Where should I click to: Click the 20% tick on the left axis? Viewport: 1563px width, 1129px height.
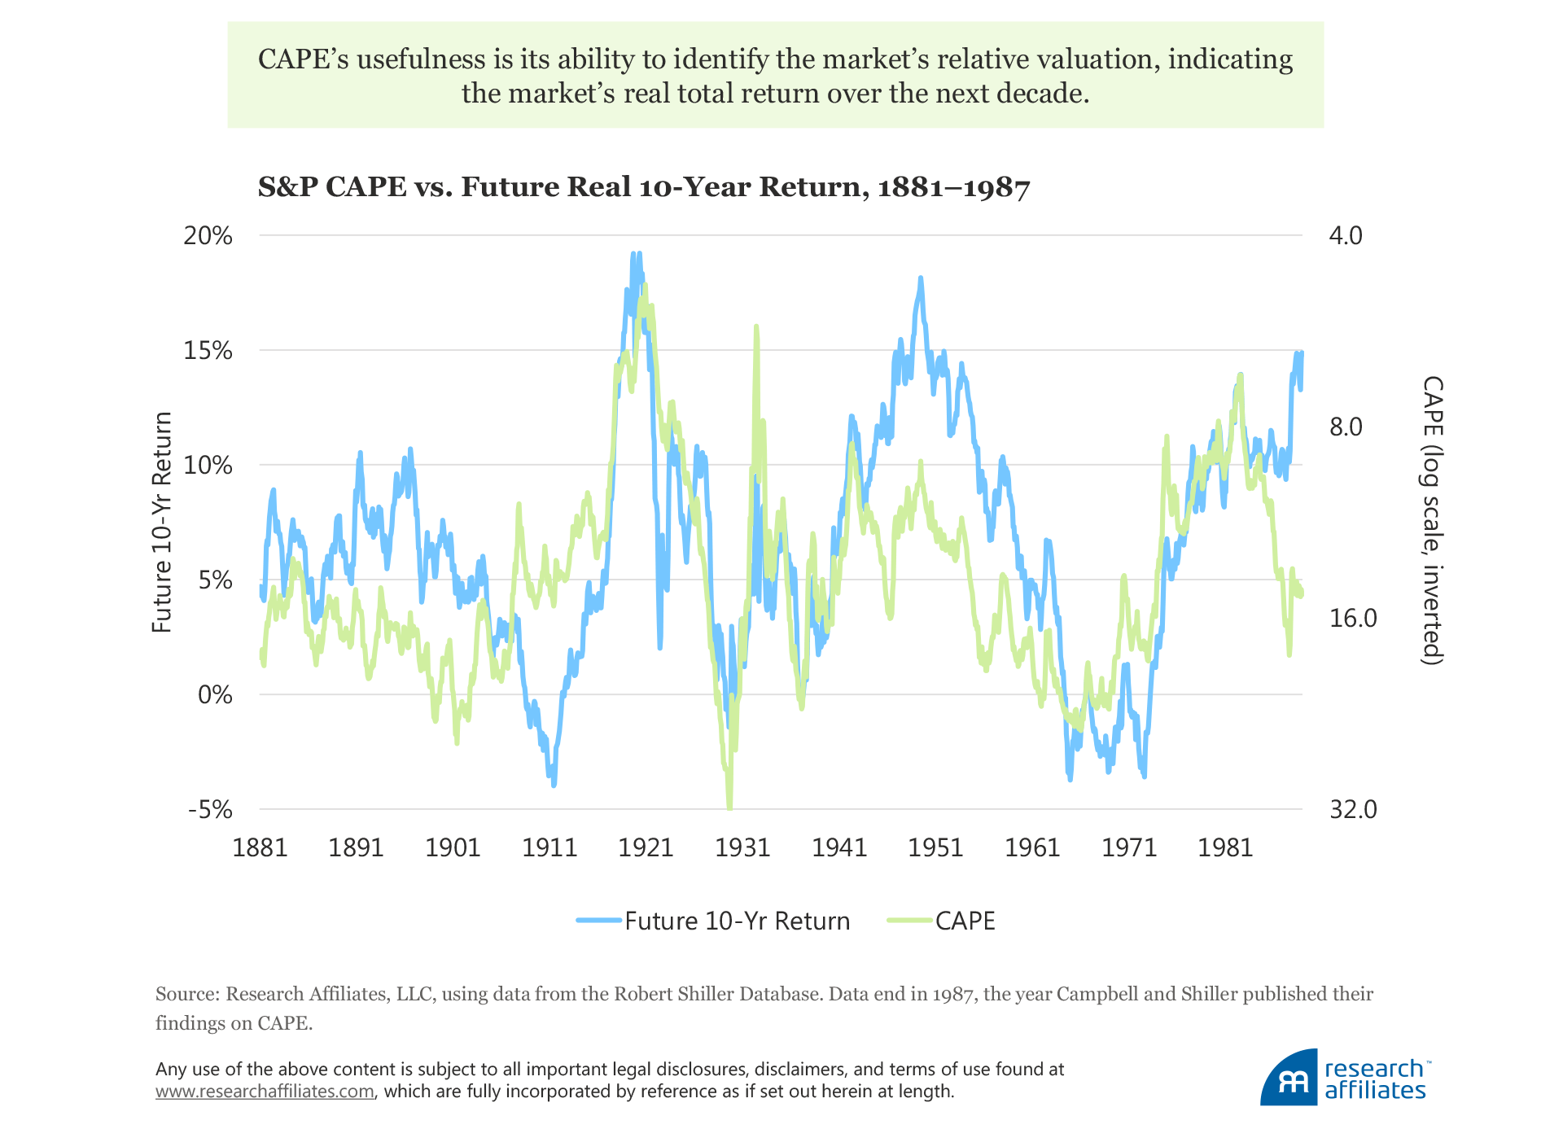point(208,236)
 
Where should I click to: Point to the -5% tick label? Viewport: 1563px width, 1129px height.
point(210,810)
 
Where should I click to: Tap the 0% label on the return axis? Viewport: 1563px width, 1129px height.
point(215,695)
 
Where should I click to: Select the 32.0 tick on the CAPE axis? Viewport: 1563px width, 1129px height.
point(1353,810)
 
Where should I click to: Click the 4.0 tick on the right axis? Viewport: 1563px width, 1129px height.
point(1346,236)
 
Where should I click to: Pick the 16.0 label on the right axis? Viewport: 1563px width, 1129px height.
point(1353,619)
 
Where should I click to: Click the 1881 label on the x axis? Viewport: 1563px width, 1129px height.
point(260,848)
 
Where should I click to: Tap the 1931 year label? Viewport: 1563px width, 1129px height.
point(742,848)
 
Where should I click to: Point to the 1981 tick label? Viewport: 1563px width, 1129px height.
point(1225,848)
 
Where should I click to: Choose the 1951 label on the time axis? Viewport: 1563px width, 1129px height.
point(935,848)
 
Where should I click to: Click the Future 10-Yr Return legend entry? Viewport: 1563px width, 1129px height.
point(713,921)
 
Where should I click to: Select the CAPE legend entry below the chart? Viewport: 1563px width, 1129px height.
point(942,921)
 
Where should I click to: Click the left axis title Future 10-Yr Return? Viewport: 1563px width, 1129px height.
point(163,522)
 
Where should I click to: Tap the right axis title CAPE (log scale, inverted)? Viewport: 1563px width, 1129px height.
point(1432,521)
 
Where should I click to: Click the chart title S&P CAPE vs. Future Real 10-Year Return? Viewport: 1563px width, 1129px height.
point(644,187)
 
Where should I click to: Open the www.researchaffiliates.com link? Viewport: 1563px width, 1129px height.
point(265,1092)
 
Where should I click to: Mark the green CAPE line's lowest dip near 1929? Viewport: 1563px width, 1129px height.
point(729,807)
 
